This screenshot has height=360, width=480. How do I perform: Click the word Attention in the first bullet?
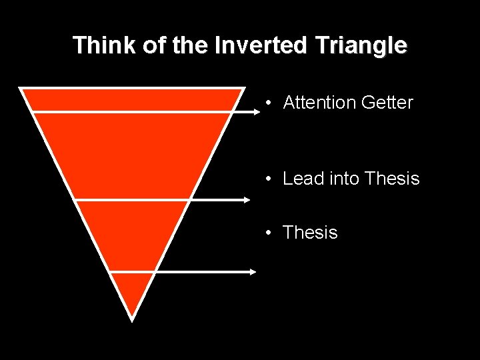point(319,103)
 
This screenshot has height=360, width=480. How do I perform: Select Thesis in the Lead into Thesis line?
point(393,179)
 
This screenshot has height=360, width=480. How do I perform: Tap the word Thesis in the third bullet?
point(310,233)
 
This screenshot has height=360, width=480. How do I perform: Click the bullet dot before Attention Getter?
point(267,103)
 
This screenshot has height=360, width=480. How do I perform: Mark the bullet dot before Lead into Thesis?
point(267,179)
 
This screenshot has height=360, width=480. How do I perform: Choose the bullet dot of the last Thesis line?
point(267,233)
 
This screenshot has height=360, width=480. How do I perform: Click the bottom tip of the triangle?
point(133,318)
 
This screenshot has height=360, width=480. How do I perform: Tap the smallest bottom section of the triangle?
point(133,290)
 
